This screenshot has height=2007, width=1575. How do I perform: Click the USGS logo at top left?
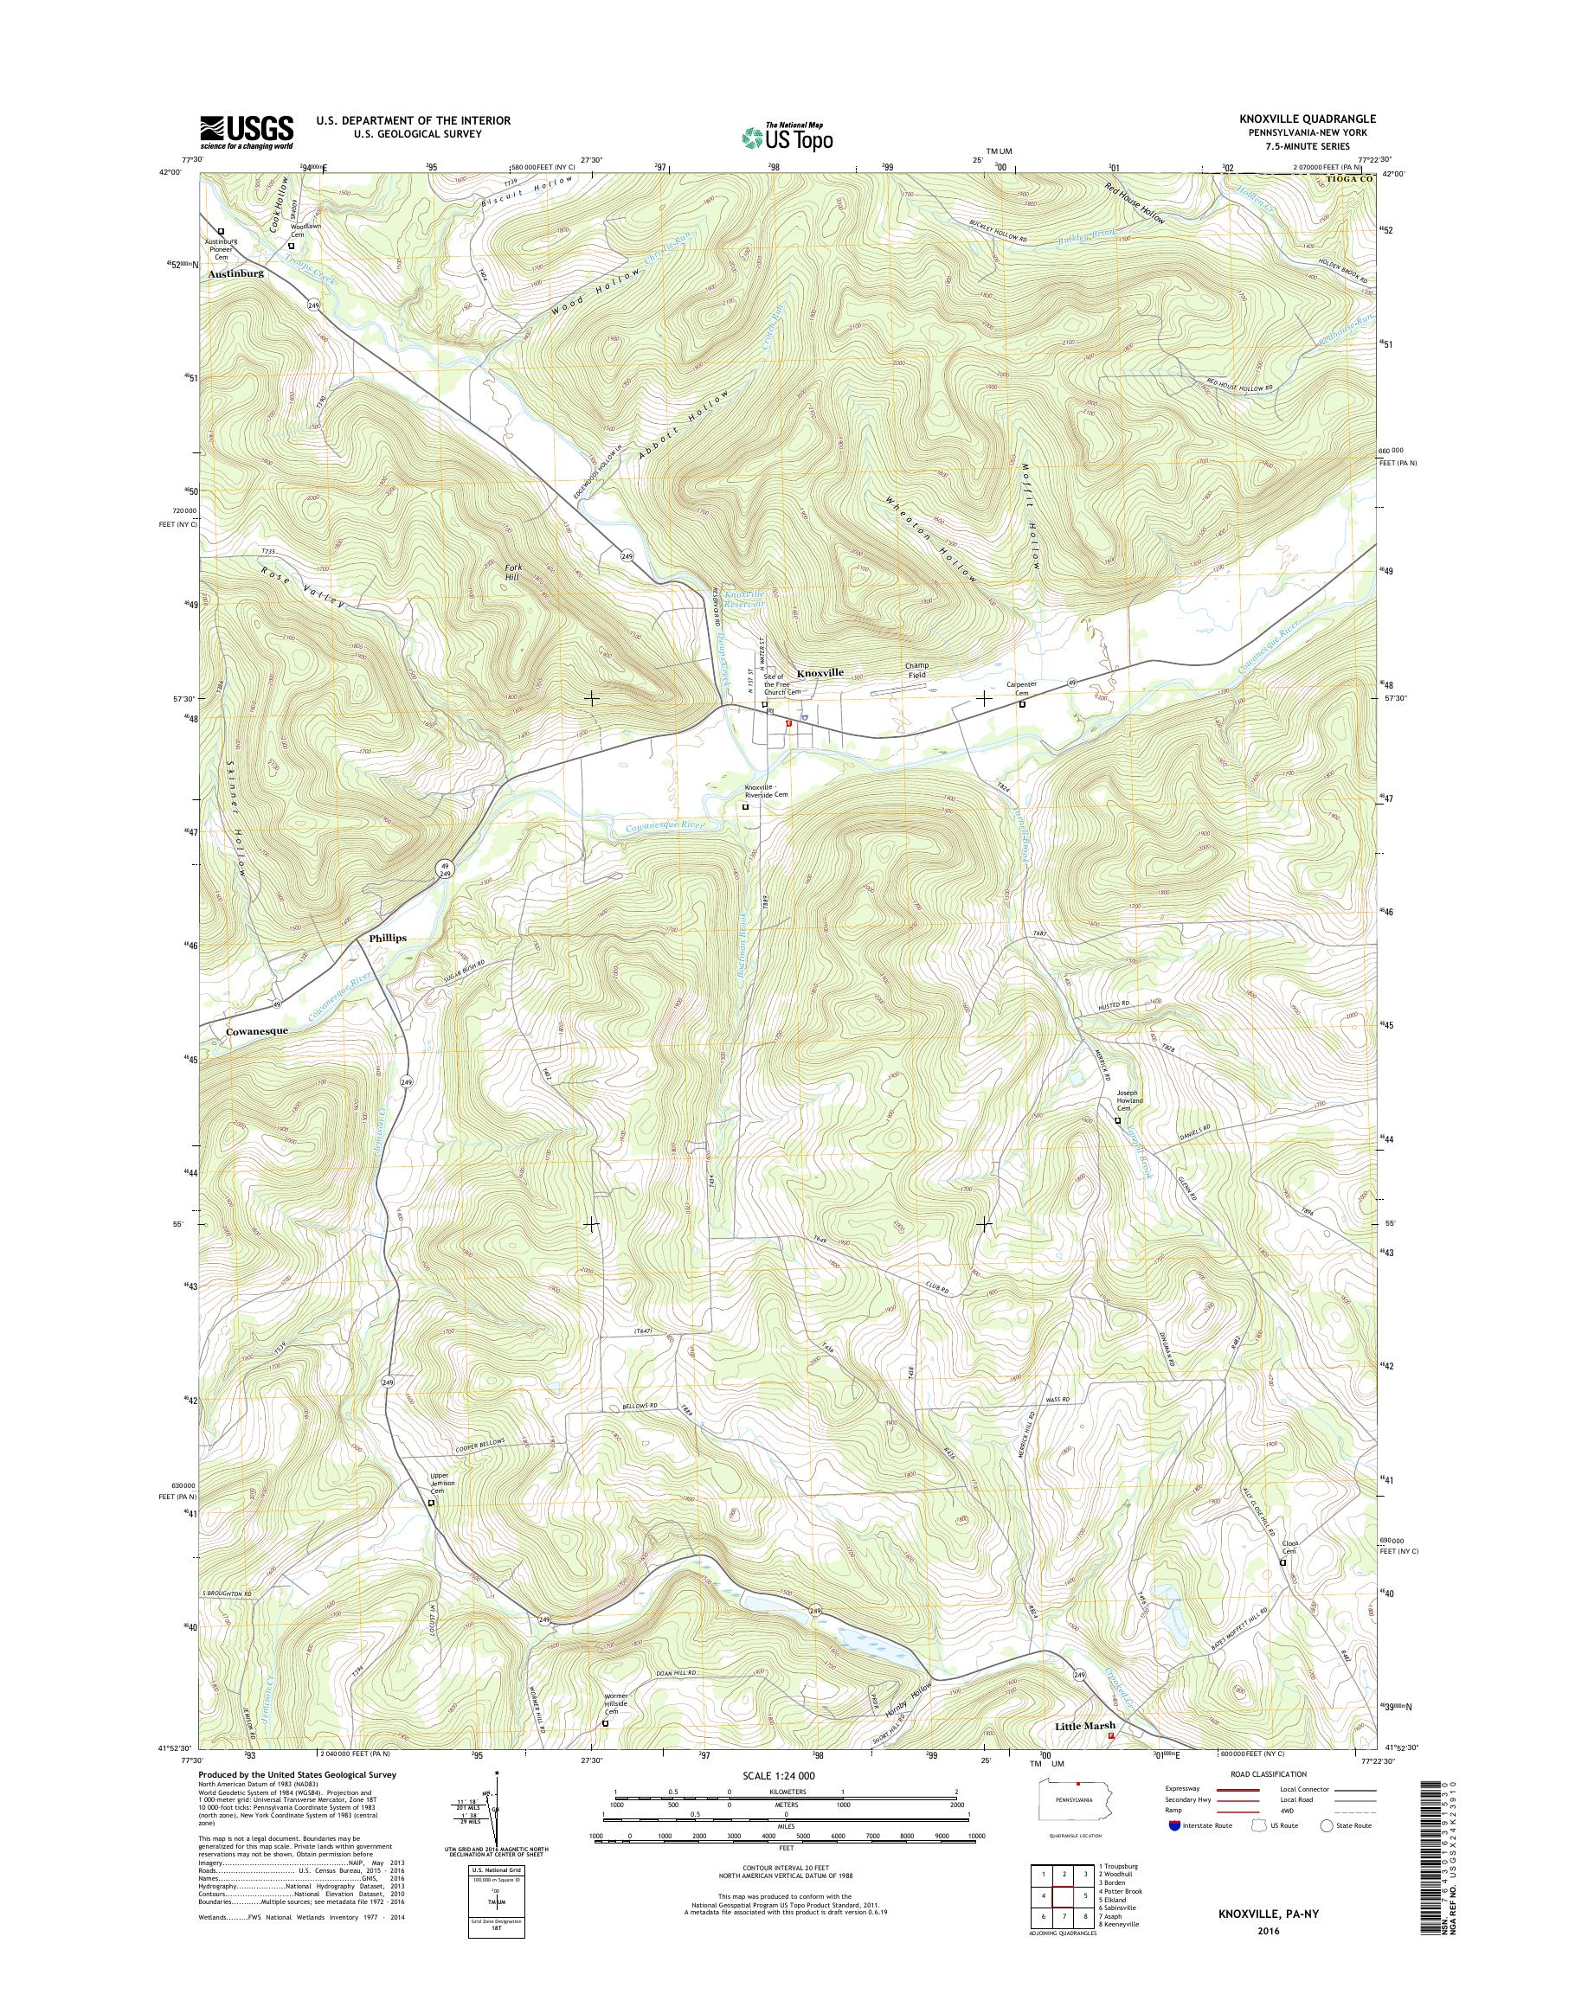coord(247,131)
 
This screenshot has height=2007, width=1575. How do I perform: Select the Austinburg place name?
coord(236,274)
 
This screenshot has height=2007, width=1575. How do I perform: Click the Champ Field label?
coord(916,670)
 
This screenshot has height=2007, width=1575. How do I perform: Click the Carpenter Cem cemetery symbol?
coord(1022,704)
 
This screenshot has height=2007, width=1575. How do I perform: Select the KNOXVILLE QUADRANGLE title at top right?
coord(1308,119)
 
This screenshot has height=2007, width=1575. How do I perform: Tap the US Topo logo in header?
coord(787,137)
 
